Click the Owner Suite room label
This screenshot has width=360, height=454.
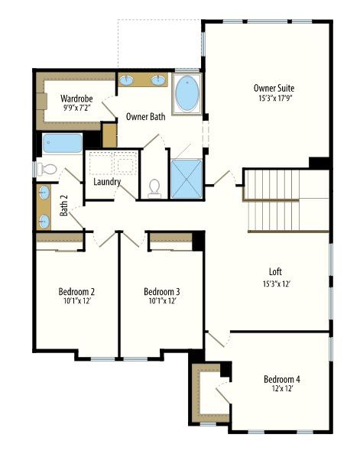pyautogui.click(x=274, y=88)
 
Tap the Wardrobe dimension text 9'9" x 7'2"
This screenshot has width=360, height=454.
pyautogui.click(x=76, y=108)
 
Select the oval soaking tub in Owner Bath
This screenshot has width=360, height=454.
pyautogui.click(x=187, y=94)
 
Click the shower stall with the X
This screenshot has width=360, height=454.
pyautogui.click(x=186, y=179)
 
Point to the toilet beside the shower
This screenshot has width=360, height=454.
pyautogui.click(x=154, y=188)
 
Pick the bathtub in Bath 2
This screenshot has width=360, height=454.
pyautogui.click(x=62, y=143)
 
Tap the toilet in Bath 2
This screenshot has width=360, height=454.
pyautogui.click(x=47, y=170)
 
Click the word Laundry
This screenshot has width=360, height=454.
pyautogui.click(x=107, y=182)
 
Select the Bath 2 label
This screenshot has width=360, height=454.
pyautogui.click(x=63, y=206)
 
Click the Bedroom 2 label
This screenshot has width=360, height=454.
pyautogui.click(x=76, y=291)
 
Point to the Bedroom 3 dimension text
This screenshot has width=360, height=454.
pyautogui.click(x=163, y=301)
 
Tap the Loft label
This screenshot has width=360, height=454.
pyautogui.click(x=275, y=271)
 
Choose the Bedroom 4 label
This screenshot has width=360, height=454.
pyautogui.click(x=282, y=379)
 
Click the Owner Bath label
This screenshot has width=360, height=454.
pyautogui.click(x=146, y=117)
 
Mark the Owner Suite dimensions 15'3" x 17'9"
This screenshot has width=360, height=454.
pyautogui.click(x=275, y=98)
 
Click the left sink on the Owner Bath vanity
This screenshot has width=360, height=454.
pyautogui.click(x=126, y=80)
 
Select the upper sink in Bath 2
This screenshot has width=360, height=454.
pyautogui.click(x=44, y=193)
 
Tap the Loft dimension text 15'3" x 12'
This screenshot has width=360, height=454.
pyautogui.click(x=276, y=284)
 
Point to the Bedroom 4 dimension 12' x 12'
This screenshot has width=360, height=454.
pyautogui.click(x=282, y=388)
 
